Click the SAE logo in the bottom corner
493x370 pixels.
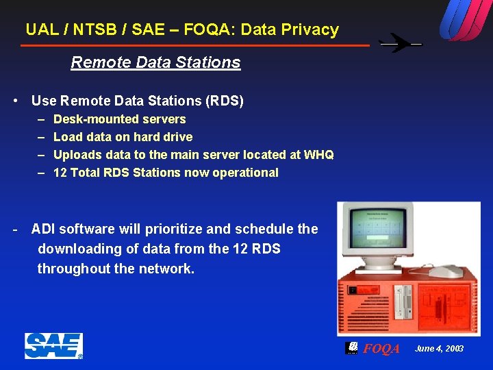[x=53, y=346]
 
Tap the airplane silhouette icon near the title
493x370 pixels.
[x=401, y=44]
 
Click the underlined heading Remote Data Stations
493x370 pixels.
[x=155, y=62]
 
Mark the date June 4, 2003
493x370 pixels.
[x=439, y=349]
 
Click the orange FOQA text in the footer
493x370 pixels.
[x=381, y=349]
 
